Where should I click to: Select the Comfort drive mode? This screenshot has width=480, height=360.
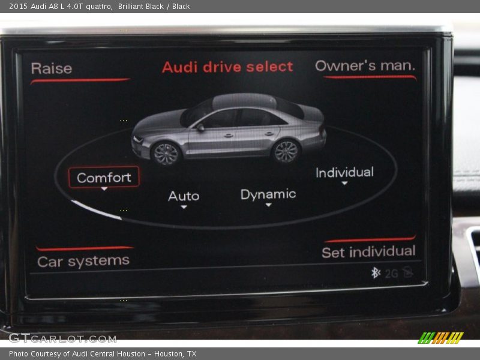click(x=104, y=177)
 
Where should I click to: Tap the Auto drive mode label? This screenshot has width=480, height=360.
click(x=184, y=196)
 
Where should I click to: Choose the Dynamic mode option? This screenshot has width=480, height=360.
click(x=268, y=194)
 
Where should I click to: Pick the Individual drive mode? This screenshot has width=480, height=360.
click(x=344, y=172)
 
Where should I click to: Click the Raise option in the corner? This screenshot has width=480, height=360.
click(x=52, y=68)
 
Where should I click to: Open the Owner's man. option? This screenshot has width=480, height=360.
click(x=365, y=65)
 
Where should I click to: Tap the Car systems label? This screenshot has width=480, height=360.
click(x=83, y=262)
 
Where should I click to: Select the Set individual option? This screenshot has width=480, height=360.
click(x=368, y=251)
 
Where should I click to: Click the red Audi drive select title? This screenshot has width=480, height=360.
click(x=227, y=67)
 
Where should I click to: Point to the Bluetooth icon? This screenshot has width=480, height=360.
click(x=376, y=272)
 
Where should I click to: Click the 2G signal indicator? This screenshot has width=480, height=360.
click(x=391, y=274)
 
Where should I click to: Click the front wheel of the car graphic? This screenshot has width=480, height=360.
click(x=166, y=154)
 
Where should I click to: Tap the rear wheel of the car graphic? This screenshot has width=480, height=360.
click(x=286, y=151)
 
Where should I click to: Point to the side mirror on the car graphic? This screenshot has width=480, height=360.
click(x=200, y=127)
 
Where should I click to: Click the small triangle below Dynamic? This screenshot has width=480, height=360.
click(x=268, y=205)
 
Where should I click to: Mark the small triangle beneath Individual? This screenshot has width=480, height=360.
click(x=344, y=183)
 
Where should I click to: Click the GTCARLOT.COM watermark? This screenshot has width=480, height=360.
click(x=62, y=338)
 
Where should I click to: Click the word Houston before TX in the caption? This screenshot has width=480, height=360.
click(x=169, y=354)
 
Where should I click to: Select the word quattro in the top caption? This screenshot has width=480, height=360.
click(x=99, y=7)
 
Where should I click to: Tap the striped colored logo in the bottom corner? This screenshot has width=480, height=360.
click(x=440, y=338)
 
